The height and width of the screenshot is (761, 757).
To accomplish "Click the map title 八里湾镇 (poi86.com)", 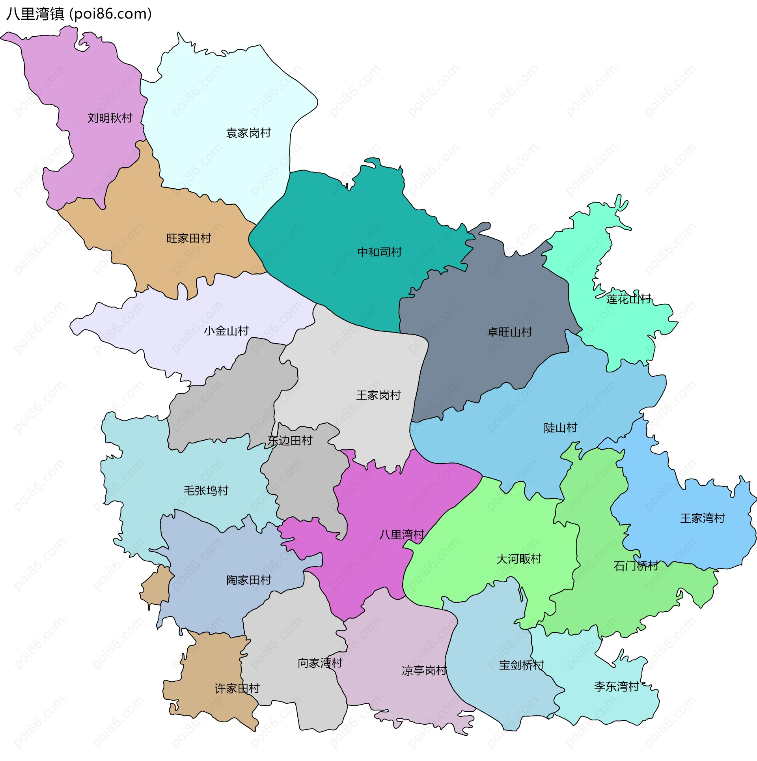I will [x=79, y=14].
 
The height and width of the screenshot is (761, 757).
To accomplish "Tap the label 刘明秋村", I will [x=110, y=118].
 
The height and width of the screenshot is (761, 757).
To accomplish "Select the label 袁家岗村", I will [x=248, y=133].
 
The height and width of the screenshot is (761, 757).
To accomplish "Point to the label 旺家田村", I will [x=188, y=238].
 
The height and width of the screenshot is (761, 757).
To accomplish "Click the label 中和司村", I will [x=379, y=252].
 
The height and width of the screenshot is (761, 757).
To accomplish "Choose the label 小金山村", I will [x=226, y=331].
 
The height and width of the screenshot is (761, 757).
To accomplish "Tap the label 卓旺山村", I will [x=509, y=332].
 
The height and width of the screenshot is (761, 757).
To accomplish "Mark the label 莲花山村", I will [x=628, y=299].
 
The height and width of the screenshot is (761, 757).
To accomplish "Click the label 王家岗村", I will [x=378, y=395].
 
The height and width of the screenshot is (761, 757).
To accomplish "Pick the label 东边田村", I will [x=290, y=441].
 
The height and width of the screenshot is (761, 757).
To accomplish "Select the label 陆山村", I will [x=560, y=428].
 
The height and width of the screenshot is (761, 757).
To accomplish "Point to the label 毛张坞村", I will [x=206, y=490].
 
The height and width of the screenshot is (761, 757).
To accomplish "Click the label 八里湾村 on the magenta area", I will [x=401, y=535].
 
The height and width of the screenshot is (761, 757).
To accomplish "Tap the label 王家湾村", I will [x=702, y=518].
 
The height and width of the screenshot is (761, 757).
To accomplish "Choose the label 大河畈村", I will [x=518, y=559].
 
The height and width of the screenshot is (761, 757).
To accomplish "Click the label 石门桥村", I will [x=636, y=566].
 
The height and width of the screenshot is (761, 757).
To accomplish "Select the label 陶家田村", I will [x=249, y=580].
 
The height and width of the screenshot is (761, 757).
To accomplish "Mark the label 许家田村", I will [x=237, y=688].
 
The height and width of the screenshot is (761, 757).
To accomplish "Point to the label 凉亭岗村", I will [x=424, y=671].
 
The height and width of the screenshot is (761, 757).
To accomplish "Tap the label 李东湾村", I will [x=616, y=686].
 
